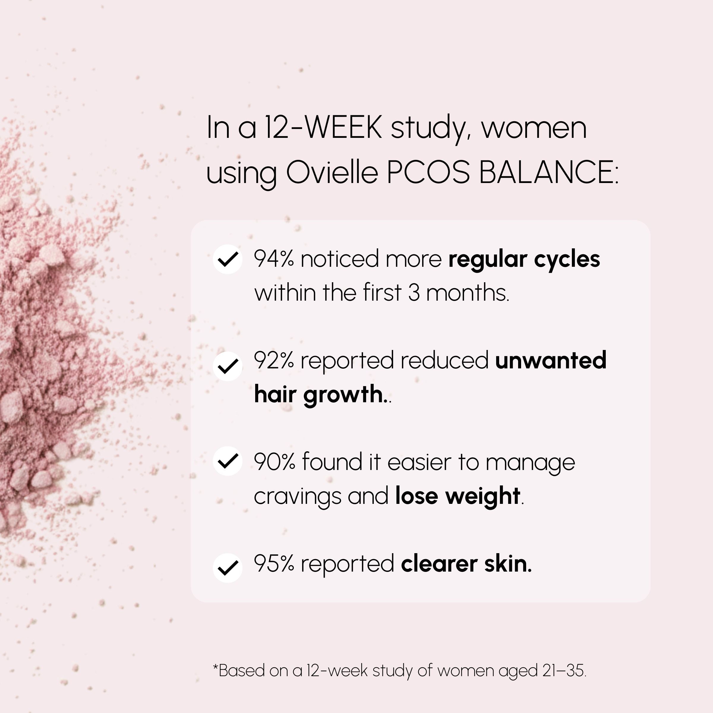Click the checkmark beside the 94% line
pos(227,259)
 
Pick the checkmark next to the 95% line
pos(227,568)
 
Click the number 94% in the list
pos(274,259)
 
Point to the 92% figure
pos(274,361)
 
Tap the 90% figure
pos(275,462)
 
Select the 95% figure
pos(274,564)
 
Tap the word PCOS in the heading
pos(428,172)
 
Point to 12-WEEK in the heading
pos(323,127)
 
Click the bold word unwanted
pos(550,361)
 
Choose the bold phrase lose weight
pos(458,496)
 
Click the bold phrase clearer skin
pos(466,564)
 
